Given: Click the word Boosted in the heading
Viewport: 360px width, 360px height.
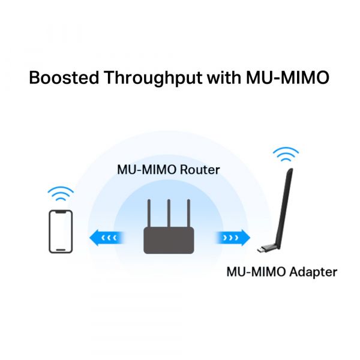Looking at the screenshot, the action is [x=64, y=77].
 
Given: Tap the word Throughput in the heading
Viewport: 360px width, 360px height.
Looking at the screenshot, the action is [x=154, y=79].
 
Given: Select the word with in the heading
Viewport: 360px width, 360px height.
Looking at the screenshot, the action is [x=224, y=77].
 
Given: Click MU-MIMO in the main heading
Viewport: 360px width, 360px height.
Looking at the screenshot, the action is [x=287, y=77].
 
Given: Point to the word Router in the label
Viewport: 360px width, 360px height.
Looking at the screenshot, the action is [x=200, y=170].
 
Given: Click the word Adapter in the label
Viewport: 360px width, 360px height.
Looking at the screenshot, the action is [x=313, y=272].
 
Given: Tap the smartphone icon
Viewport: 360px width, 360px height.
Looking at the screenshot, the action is [x=61, y=232].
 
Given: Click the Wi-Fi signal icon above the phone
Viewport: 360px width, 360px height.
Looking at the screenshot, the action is [x=61, y=193].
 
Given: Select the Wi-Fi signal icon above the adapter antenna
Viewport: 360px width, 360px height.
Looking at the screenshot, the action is [x=286, y=154].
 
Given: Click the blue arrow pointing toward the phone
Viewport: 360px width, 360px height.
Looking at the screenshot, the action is [x=107, y=238].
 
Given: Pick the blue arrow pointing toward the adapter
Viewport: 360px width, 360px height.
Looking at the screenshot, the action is [x=233, y=238].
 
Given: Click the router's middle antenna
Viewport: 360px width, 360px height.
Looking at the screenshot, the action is [x=169, y=213].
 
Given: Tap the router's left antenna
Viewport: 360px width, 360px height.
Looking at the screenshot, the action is [x=149, y=213].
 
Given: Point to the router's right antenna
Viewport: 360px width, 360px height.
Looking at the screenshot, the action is [x=188, y=213].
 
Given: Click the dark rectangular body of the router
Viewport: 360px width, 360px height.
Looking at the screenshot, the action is [x=169, y=241].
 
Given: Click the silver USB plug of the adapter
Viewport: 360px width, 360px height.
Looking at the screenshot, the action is [x=261, y=250].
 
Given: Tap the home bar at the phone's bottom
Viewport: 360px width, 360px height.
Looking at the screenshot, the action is [x=61, y=250].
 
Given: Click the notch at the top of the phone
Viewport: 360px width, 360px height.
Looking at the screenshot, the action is [x=61, y=212].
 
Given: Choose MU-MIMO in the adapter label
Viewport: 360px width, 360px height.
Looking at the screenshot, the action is [x=256, y=272].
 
